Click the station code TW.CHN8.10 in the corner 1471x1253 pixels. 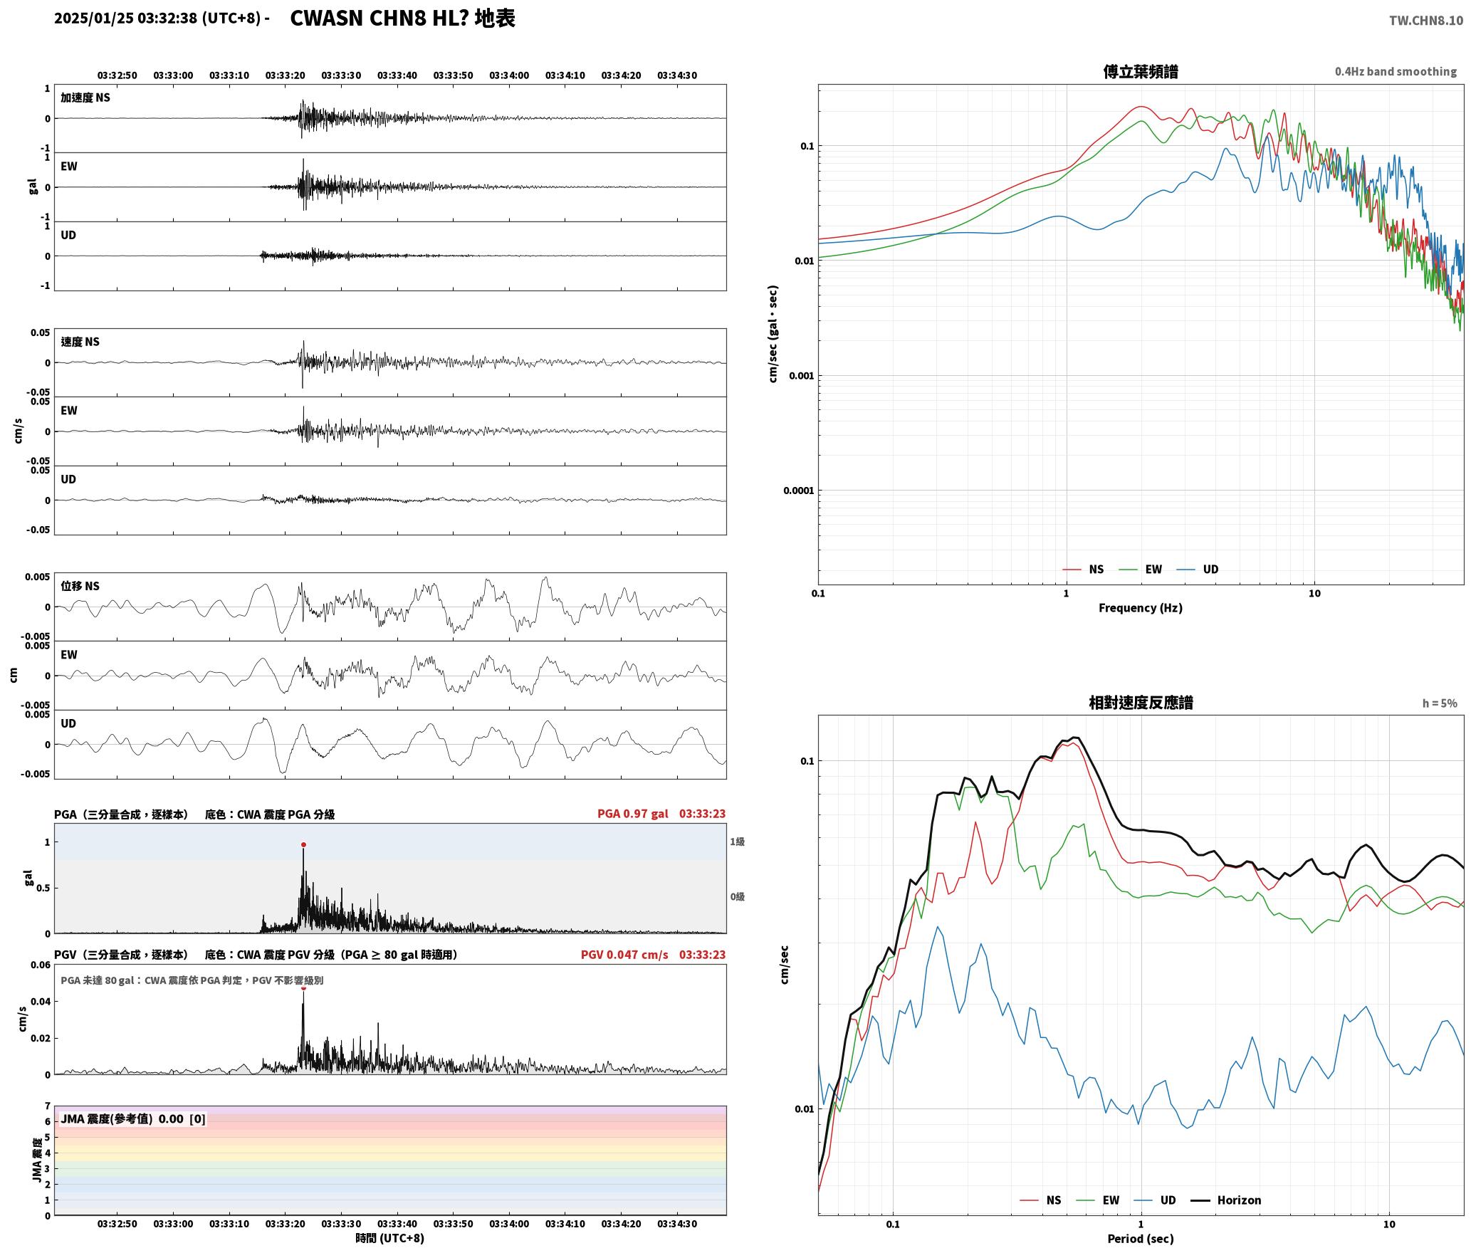click(x=1425, y=21)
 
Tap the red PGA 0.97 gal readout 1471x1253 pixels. click(x=632, y=814)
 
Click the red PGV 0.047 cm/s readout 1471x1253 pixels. click(x=624, y=955)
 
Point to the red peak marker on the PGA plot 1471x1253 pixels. click(x=303, y=845)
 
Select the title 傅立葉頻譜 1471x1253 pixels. click(x=1140, y=72)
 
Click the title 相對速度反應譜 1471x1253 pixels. click(x=1141, y=703)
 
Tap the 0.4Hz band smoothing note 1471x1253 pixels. click(x=1396, y=72)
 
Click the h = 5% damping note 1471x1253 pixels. click(x=1440, y=703)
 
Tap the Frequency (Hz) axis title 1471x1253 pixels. click(x=1140, y=608)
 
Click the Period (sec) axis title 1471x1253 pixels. click(x=1140, y=1239)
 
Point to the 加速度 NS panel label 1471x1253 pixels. click(x=85, y=98)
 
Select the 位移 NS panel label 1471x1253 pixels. click(x=80, y=586)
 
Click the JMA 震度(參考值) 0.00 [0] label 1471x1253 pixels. click(x=133, y=1118)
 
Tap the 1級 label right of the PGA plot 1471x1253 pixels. click(x=737, y=842)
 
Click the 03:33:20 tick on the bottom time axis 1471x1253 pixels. click(x=285, y=1224)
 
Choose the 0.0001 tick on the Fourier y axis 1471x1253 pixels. click(x=798, y=491)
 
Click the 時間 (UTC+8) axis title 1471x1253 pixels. click(x=389, y=1238)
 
